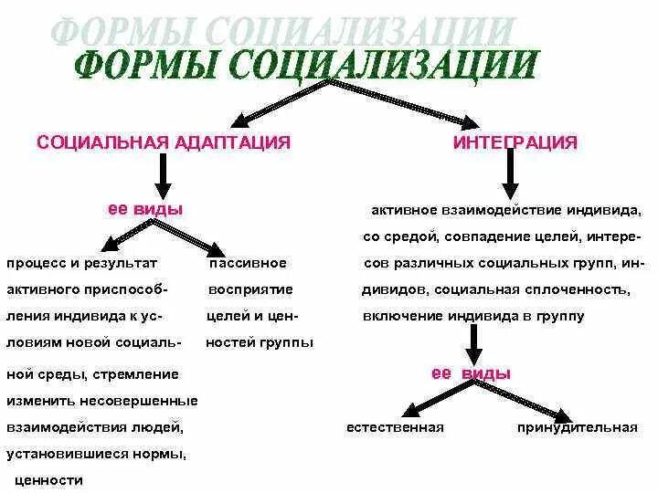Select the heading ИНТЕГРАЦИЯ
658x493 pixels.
click(515, 142)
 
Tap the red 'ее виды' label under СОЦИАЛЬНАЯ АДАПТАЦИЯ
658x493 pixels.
click(145, 209)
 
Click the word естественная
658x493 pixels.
click(395, 427)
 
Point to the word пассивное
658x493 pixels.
click(248, 263)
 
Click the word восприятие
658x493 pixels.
click(250, 289)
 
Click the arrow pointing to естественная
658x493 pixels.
click(426, 402)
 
